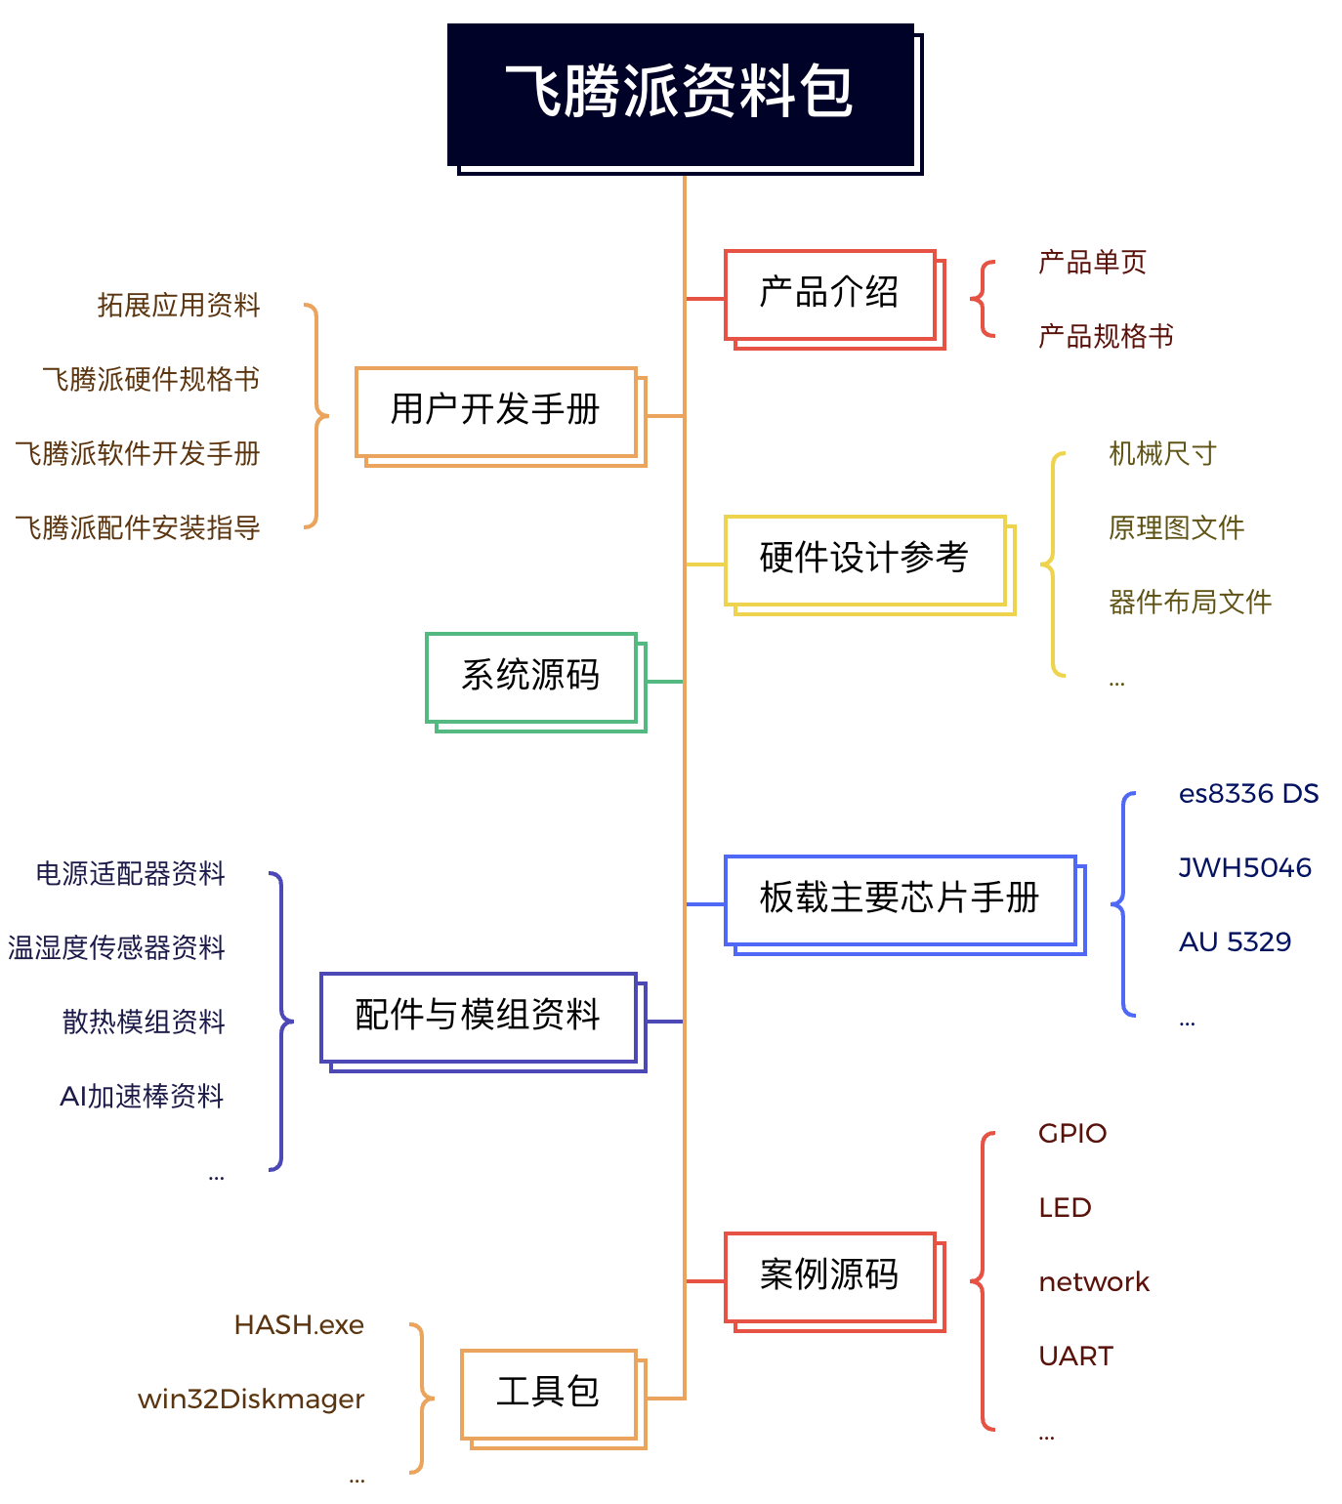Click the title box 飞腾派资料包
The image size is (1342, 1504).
tap(684, 98)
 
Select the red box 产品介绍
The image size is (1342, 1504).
tap(834, 299)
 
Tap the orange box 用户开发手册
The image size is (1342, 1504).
tap(500, 416)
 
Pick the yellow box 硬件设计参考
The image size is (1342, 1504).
tap(869, 564)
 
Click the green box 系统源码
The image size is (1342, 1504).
tap(535, 682)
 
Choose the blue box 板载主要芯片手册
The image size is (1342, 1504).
tap(904, 904)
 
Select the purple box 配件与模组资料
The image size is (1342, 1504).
tap(482, 1022)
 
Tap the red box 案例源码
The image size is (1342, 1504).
tap(834, 1281)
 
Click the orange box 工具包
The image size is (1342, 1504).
tap(553, 1399)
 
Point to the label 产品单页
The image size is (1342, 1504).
tap(1092, 262)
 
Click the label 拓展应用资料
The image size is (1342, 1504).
tap(178, 305)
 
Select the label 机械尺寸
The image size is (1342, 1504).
tap(1162, 453)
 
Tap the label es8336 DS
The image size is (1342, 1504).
tap(1247, 794)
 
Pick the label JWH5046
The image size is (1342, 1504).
tap(1244, 868)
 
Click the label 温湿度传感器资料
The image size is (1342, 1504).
tap(116, 947)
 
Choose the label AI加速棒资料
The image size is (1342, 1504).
tap(141, 1096)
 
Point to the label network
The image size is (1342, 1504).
tap(1093, 1282)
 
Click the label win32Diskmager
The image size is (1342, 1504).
tap(251, 1400)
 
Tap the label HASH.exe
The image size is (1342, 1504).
tap(299, 1325)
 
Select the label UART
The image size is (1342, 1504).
tap(1075, 1357)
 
